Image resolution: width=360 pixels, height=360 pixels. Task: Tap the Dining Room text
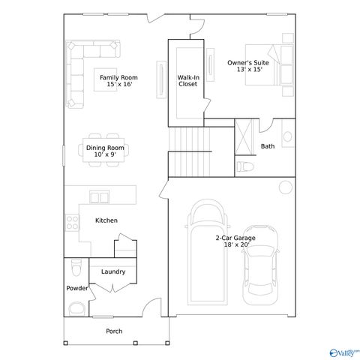pos(105,151)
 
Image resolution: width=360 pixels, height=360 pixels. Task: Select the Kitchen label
pos(106,220)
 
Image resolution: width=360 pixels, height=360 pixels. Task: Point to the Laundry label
pos(112,271)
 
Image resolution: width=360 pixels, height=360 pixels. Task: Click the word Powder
pos(76,288)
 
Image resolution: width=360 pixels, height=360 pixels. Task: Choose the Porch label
pos(113,331)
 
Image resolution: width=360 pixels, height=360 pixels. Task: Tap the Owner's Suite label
pos(247,67)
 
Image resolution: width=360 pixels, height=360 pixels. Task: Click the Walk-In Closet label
pos(187,81)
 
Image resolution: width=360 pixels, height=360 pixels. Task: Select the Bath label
pos(268,146)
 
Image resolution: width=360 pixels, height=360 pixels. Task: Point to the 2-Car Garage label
pos(235,241)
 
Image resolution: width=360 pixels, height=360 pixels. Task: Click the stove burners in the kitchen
pos(73,222)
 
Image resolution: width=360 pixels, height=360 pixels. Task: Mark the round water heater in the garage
pos(285,187)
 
